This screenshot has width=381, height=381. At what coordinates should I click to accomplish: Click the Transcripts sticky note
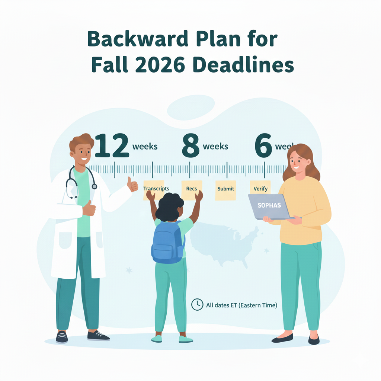pyautogui.click(x=156, y=190)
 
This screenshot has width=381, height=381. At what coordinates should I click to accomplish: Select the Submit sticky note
pyautogui.click(x=225, y=190)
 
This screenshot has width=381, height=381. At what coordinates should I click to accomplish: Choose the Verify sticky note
pyautogui.click(x=260, y=189)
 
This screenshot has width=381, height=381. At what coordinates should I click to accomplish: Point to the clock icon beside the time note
pyautogui.click(x=197, y=304)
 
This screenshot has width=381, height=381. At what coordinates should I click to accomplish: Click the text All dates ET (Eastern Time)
pyautogui.click(x=241, y=305)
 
